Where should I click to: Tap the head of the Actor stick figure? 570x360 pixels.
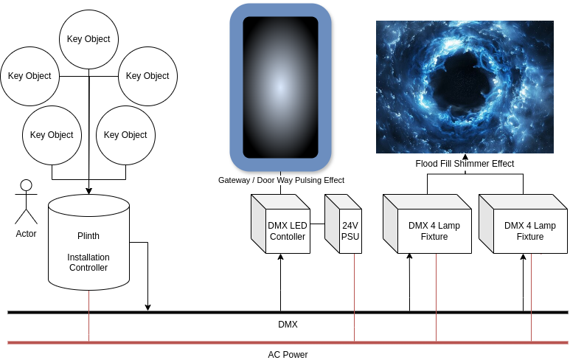point(26,185)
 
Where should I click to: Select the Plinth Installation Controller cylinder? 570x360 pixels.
point(88,243)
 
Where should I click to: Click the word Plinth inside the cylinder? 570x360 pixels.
point(88,236)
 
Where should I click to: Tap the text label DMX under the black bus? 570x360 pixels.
point(288,325)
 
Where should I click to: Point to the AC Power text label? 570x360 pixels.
point(288,355)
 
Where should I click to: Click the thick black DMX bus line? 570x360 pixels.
point(221,312)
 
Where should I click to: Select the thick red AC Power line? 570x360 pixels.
point(221,342)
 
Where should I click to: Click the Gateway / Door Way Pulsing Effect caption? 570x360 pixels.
point(281,180)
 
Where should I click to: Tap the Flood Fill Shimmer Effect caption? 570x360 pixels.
point(465,164)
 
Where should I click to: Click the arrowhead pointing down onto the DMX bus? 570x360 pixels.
point(148,306)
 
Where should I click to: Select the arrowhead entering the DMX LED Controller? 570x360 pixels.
point(281,258)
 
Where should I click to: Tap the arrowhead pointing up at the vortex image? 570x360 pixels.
point(465,156)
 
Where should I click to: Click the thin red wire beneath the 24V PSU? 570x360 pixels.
point(355,295)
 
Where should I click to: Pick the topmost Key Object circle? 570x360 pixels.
point(88,39)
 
